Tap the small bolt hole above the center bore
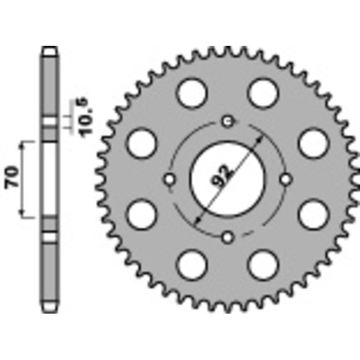(228, 121)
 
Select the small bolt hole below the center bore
(228, 236)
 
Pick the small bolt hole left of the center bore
(170, 179)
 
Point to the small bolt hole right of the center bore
(286, 179)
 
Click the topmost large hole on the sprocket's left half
(192, 92)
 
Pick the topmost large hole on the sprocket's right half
(264, 92)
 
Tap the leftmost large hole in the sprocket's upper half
(140, 143)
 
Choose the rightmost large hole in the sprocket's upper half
(314, 143)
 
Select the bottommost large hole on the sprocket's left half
(192, 265)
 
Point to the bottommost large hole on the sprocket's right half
(264, 265)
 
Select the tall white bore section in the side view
(50, 179)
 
